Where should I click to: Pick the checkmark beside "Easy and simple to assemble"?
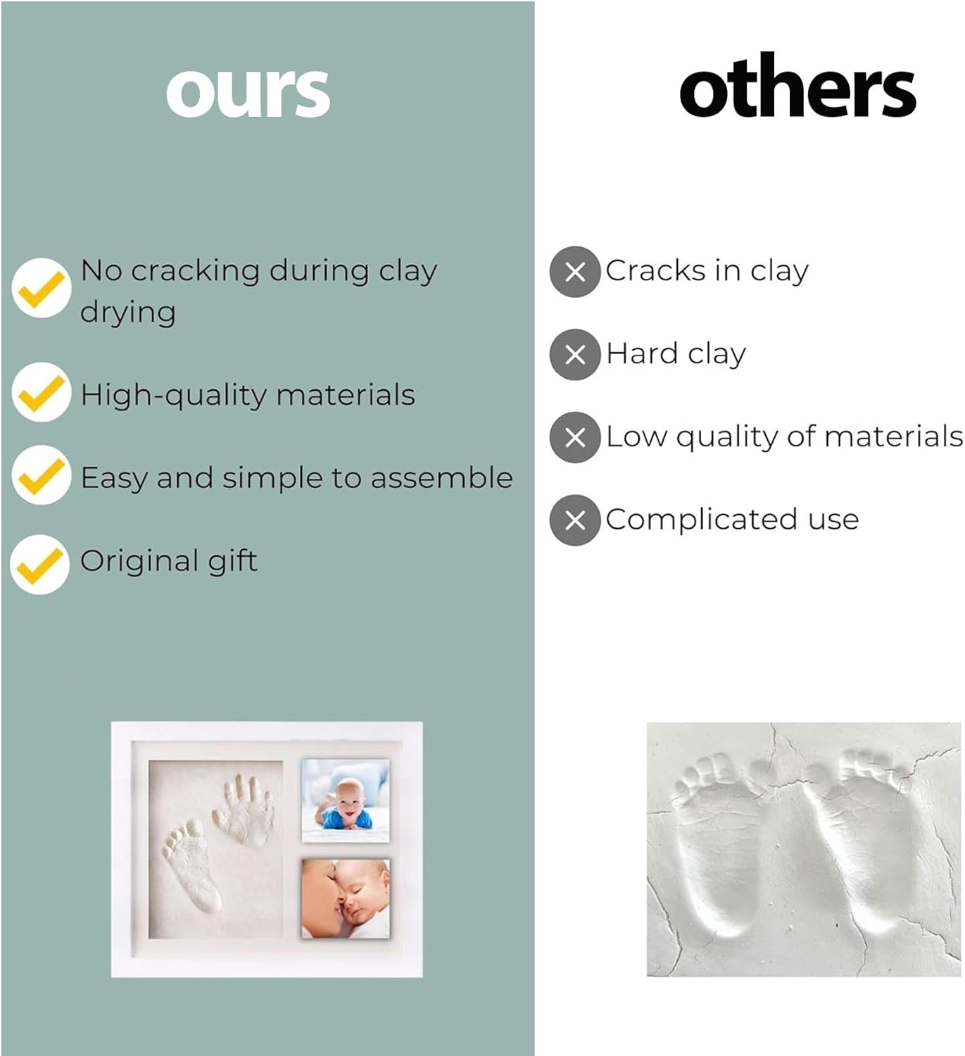click(x=41, y=475)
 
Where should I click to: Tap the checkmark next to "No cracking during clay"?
click(x=41, y=288)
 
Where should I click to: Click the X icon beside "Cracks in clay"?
click(x=575, y=272)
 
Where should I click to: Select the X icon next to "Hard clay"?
click(x=575, y=355)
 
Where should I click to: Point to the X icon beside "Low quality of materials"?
click(x=575, y=437)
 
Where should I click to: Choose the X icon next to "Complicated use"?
click(x=575, y=520)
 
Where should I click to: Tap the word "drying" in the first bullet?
click(x=127, y=313)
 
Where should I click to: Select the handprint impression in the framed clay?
click(x=244, y=810)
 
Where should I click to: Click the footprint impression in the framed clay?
click(x=191, y=869)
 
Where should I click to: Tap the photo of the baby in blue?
click(x=345, y=800)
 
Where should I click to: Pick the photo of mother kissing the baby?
click(x=345, y=898)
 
